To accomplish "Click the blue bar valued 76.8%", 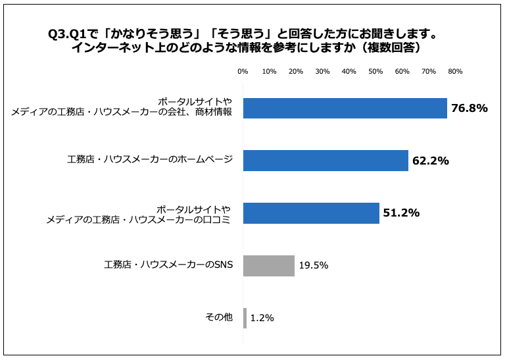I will (345, 108).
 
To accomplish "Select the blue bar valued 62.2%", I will (326, 161).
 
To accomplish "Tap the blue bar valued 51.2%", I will (311, 213).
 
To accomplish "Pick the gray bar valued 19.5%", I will (269, 266).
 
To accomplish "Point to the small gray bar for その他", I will (245, 318).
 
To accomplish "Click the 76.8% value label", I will (469, 108).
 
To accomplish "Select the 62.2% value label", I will (430, 161).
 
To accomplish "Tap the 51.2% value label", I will (401, 213).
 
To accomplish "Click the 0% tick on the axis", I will (243, 71).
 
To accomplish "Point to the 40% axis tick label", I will (349, 71).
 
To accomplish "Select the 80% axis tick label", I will (455, 71).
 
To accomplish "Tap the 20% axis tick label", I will (296, 71).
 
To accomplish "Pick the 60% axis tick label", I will (402, 71).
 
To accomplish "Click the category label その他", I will (220, 317).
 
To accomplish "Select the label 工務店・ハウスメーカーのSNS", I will (168, 265).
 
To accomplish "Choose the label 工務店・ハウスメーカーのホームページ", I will (150, 160).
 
